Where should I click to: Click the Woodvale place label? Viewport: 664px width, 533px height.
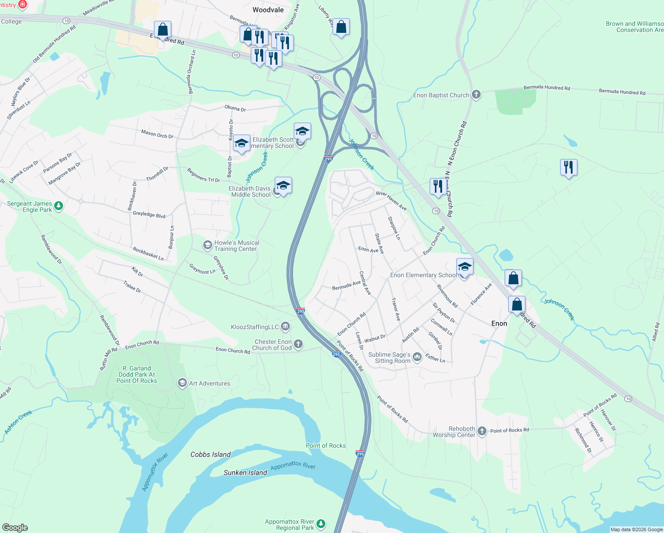(x=268, y=10)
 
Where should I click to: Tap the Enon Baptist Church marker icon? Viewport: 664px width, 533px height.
(x=476, y=95)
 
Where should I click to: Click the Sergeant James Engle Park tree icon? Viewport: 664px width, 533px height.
(x=59, y=207)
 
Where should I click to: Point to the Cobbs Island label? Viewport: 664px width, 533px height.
(x=210, y=454)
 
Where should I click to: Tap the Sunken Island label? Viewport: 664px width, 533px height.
(x=245, y=473)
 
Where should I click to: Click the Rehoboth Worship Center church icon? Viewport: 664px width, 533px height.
(x=482, y=431)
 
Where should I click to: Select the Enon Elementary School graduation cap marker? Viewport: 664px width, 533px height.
(x=465, y=267)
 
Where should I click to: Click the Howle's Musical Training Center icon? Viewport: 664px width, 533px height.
(x=207, y=245)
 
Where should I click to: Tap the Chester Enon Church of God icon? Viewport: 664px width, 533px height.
(x=298, y=344)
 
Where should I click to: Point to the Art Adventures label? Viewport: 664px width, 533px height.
(x=209, y=383)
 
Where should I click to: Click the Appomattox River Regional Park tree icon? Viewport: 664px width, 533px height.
(x=321, y=525)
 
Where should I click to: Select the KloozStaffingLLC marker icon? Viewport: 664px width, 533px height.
(x=285, y=327)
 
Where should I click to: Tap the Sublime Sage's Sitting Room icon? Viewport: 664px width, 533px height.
(x=417, y=357)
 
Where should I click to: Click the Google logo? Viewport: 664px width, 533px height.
(x=15, y=528)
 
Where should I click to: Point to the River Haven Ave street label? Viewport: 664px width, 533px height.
(x=391, y=200)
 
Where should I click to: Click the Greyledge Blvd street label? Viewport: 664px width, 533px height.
(x=149, y=215)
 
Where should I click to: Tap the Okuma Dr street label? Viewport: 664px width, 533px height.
(x=235, y=108)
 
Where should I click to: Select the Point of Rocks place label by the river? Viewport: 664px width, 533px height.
(x=325, y=445)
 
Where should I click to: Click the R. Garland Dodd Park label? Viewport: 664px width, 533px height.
(x=137, y=374)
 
